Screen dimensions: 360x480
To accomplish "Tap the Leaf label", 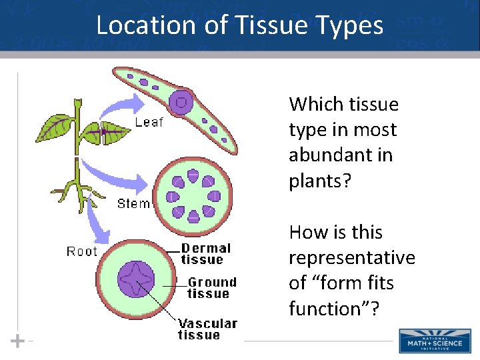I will tap(149, 122).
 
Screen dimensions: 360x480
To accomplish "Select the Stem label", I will tap(133, 203).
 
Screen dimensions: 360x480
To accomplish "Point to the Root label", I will tap(81, 251).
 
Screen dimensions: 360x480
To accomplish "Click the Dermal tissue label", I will tap(206, 253).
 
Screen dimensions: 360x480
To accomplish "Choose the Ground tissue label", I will tap(212, 288).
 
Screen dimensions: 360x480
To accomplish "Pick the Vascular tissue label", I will tap(207, 329).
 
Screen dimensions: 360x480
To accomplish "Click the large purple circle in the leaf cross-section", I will tap(181, 103).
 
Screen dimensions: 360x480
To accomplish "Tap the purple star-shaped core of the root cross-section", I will tap(136, 280).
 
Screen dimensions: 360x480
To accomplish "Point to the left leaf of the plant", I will tap(55, 127).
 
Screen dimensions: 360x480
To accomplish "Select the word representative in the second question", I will tap(351, 258).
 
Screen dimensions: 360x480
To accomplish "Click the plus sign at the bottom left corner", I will tap(18, 341).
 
